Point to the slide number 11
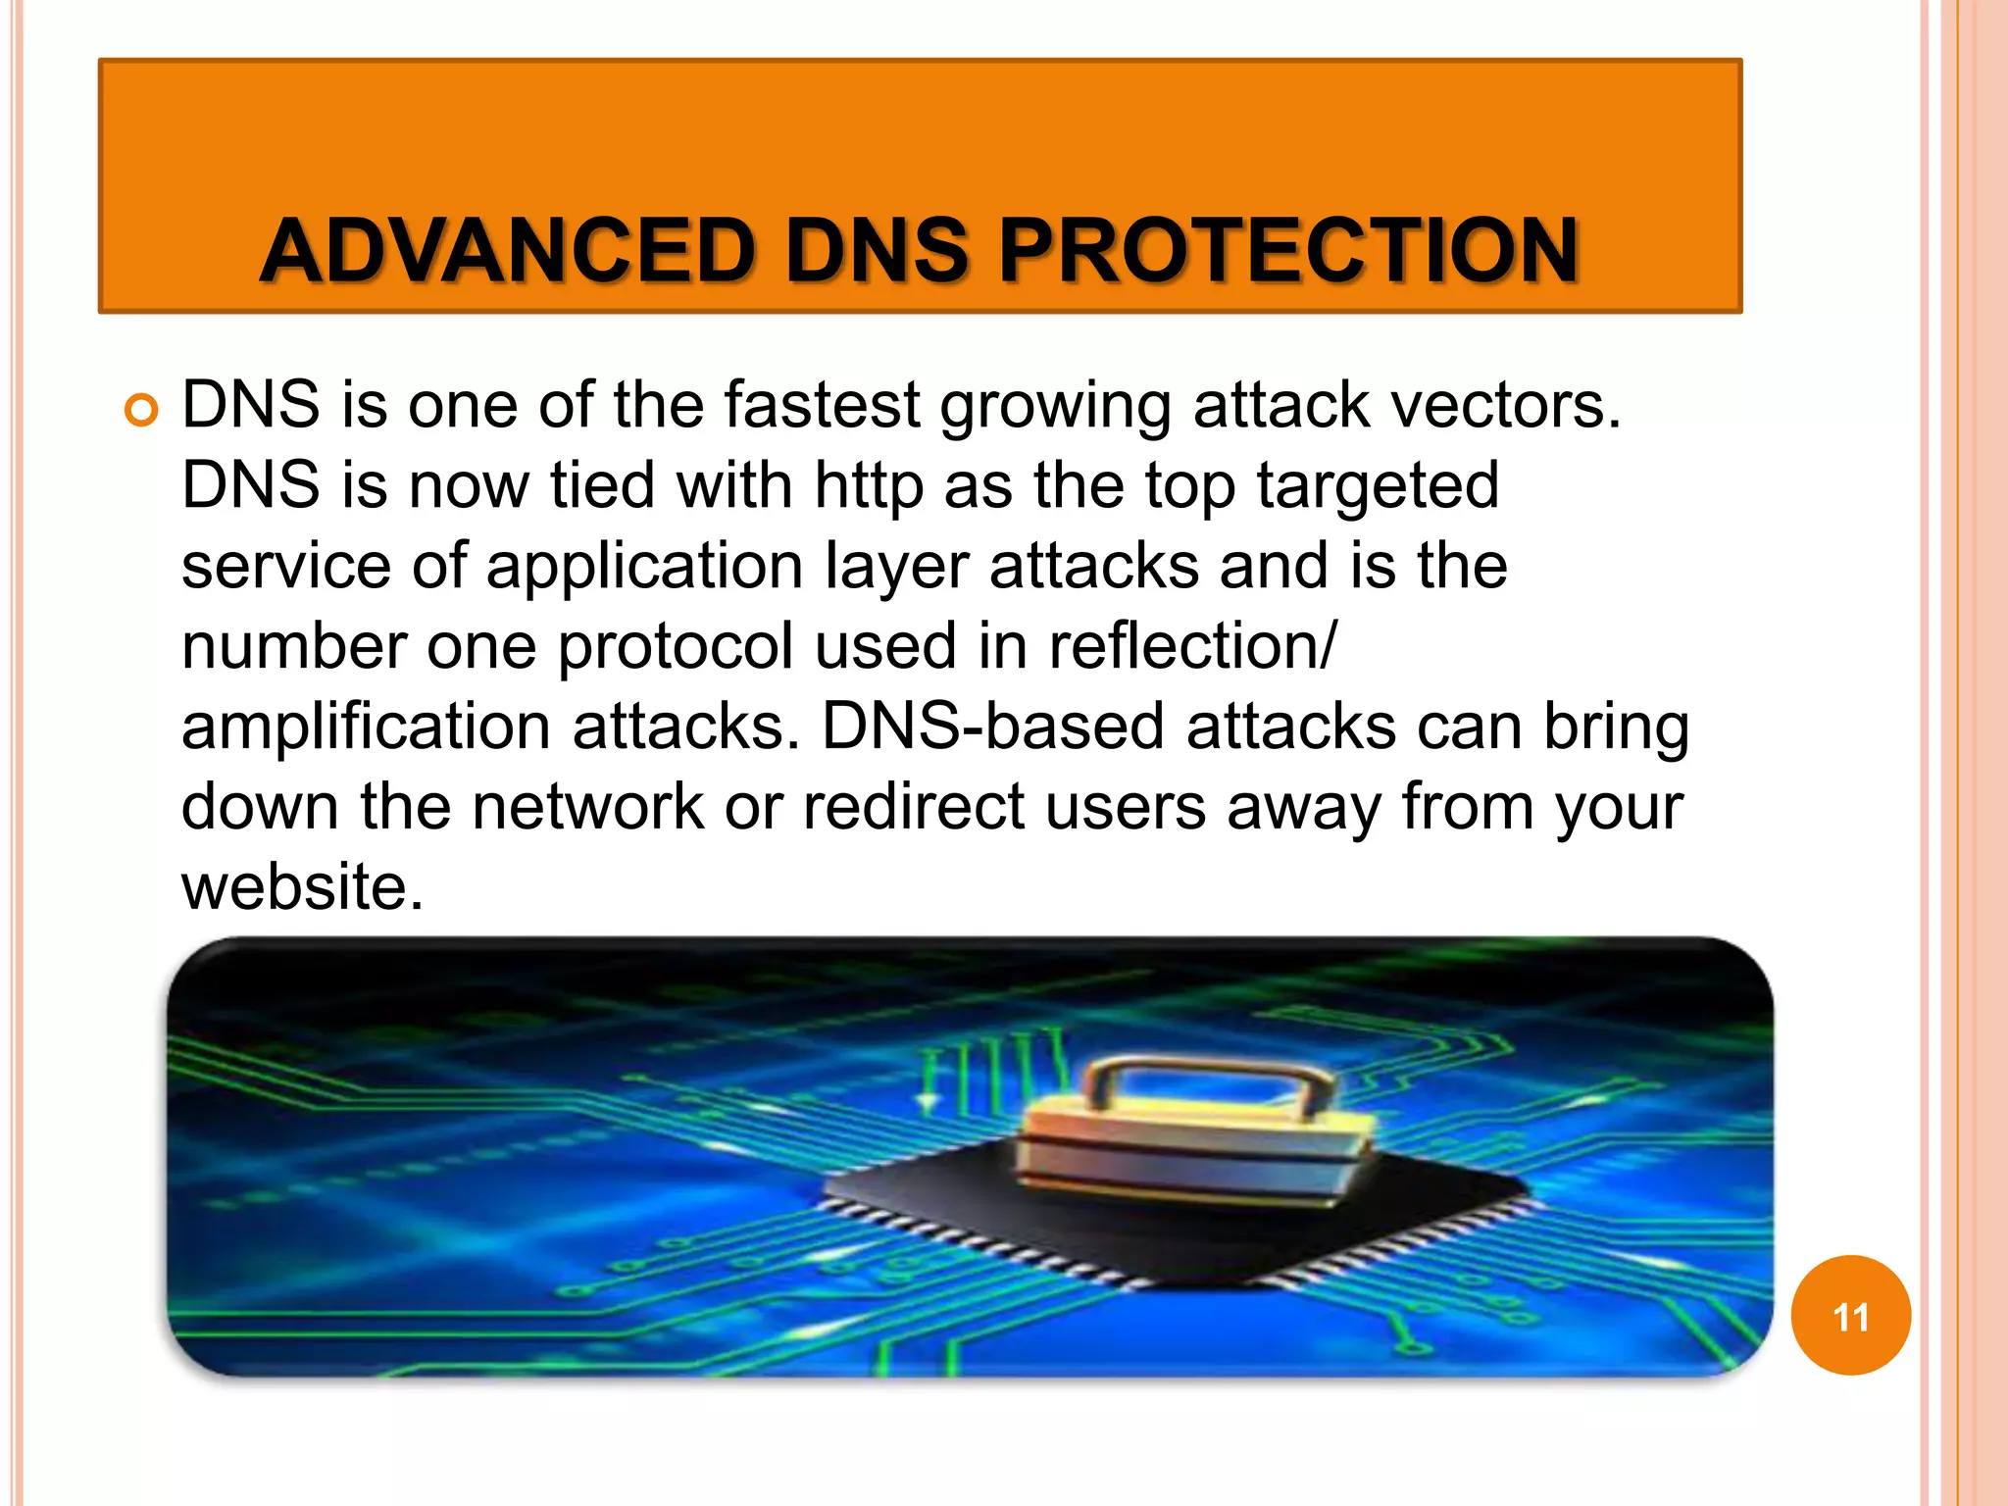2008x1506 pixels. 1850,1317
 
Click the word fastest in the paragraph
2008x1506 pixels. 822,404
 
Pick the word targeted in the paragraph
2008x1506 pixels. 1378,486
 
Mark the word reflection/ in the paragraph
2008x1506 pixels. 1191,647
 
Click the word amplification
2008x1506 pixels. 366,728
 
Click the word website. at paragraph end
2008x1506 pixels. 302,887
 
